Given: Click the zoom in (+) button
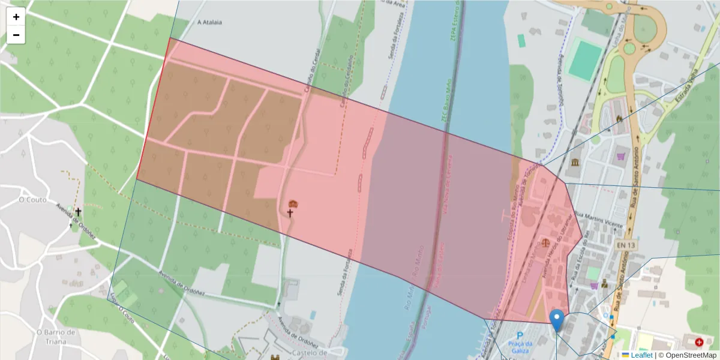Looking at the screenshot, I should [16, 17].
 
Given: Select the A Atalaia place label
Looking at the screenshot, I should [209, 22].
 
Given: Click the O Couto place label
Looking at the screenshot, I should [29, 199].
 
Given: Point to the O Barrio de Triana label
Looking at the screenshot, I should [56, 337].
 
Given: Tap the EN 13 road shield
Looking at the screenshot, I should [625, 245].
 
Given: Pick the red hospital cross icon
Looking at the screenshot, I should [699, 343].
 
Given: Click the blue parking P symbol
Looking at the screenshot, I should [520, 335].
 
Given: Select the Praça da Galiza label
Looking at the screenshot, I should [520, 346].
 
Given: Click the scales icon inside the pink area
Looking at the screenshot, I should [545, 243].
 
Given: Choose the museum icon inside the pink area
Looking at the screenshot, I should [293, 204].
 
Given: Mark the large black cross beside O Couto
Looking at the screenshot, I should [78, 212].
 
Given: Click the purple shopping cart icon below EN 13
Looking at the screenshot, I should [595, 285].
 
